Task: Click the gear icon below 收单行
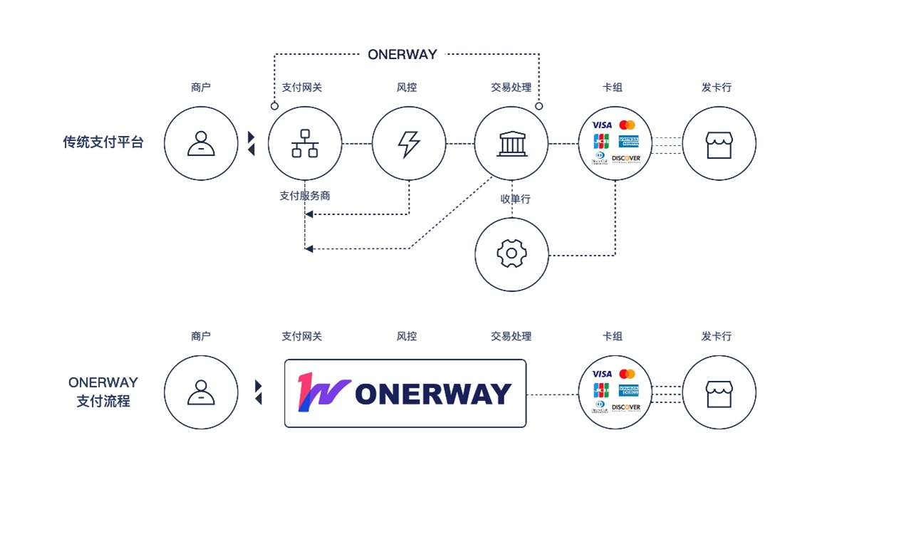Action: click(x=511, y=254)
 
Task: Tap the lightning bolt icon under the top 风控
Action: click(x=409, y=144)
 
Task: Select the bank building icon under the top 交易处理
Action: click(x=511, y=144)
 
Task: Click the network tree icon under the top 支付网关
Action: click(x=305, y=144)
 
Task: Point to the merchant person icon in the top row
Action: click(x=201, y=144)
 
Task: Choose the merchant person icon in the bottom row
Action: click(x=201, y=392)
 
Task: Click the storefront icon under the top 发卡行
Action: click(x=719, y=144)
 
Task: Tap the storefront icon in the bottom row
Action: click(x=719, y=393)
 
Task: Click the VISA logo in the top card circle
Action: click(x=602, y=125)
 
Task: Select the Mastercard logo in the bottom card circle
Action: click(x=627, y=374)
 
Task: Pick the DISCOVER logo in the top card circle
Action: click(x=626, y=158)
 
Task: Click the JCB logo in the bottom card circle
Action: click(x=601, y=390)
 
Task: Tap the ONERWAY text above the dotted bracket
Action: click(x=402, y=54)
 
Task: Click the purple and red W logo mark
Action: click(x=323, y=392)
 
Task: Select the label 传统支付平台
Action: click(x=103, y=142)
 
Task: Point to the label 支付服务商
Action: click(x=305, y=196)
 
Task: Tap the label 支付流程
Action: click(x=103, y=402)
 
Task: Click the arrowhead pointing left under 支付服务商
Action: click(x=308, y=214)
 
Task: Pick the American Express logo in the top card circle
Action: click(x=629, y=140)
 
